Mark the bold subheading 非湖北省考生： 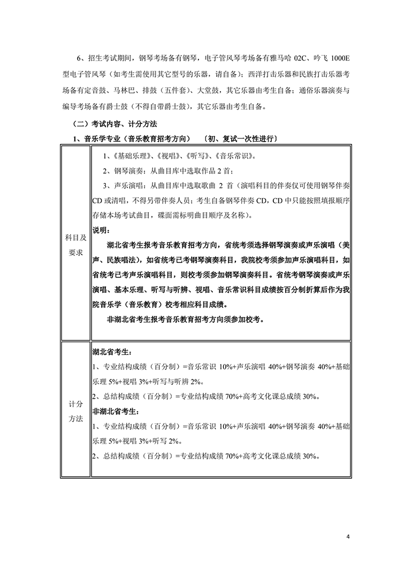tap(116, 412)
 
